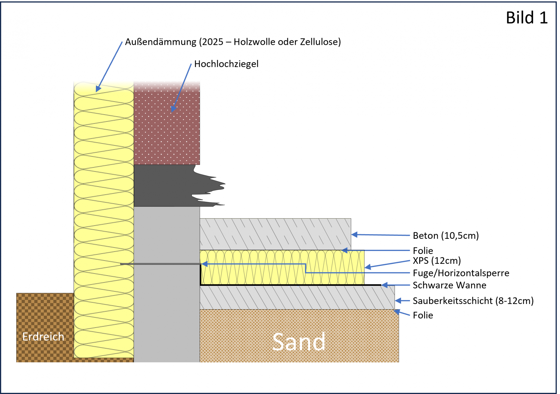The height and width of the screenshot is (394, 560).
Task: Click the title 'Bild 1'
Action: coord(526,18)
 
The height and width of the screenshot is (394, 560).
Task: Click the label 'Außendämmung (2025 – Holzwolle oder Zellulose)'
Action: coord(233,42)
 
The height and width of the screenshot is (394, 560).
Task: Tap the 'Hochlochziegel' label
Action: coord(226,64)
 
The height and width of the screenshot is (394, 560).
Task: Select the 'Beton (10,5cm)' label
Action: coord(446,236)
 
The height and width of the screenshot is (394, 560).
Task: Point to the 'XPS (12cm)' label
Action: coord(437,261)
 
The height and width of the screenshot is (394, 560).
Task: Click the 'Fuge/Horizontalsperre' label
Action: coord(461,273)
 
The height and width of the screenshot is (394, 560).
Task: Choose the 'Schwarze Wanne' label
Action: coord(449,285)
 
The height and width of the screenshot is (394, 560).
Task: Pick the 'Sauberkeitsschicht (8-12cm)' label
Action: coord(473,301)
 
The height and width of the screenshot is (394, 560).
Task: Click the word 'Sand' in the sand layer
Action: coord(299,342)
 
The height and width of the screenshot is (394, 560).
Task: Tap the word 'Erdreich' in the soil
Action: coord(43,337)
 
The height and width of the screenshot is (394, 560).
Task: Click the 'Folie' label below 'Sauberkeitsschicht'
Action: coord(423,315)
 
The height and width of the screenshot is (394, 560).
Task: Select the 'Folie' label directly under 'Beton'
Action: coord(423,251)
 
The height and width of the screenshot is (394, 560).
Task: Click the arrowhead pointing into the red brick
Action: coord(174,109)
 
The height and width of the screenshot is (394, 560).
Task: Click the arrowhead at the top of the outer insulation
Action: coord(98,89)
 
